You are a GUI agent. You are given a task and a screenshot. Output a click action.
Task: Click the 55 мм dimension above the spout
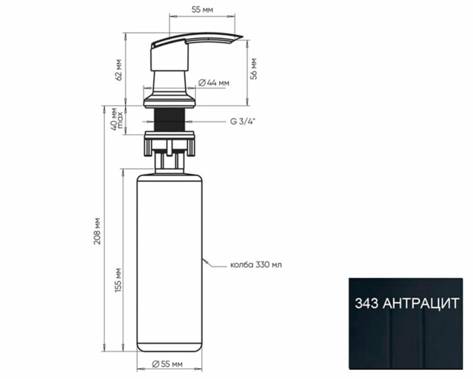tap(202, 9)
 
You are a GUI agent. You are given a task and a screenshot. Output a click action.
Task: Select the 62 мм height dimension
tap(119, 69)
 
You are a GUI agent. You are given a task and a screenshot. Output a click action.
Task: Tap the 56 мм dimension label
tap(254, 69)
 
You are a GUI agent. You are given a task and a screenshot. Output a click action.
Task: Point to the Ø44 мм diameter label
tap(214, 82)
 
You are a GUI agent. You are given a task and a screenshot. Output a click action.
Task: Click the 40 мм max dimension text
tap(117, 118)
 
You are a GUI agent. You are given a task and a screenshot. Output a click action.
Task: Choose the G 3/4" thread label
tap(243, 122)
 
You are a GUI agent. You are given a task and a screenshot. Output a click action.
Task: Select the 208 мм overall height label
tap(97, 231)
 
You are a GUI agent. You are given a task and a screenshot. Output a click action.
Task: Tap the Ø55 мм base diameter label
tap(167, 364)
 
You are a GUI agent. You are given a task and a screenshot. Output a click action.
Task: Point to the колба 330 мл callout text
tap(256, 265)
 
